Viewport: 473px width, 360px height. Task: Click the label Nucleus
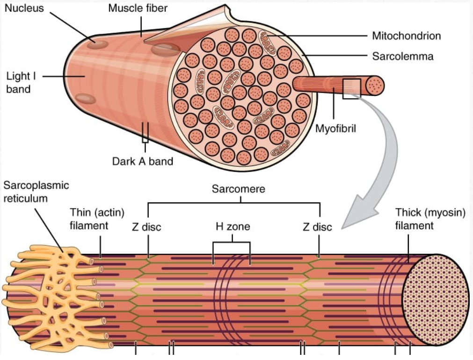click(24, 8)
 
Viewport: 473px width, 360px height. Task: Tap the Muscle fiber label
click(138, 8)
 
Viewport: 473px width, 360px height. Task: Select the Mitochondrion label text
click(406, 36)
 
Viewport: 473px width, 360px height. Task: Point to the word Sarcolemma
click(402, 57)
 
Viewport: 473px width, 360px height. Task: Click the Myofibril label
click(335, 129)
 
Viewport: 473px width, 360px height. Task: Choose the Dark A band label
click(143, 162)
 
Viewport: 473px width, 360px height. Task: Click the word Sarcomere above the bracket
click(238, 189)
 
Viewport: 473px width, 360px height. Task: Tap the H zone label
click(233, 227)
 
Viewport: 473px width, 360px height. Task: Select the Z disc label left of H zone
click(146, 227)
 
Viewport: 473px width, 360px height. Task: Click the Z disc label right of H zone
click(317, 227)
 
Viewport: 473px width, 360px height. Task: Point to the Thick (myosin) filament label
click(430, 219)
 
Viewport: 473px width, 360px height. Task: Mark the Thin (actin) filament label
click(97, 219)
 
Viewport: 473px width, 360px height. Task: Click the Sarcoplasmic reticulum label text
click(36, 192)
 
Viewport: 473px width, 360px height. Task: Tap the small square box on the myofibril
click(351, 89)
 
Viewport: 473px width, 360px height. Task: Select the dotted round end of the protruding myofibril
click(376, 85)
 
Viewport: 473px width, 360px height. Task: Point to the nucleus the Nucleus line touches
click(99, 44)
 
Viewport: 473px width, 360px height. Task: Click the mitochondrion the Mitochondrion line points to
click(269, 41)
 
